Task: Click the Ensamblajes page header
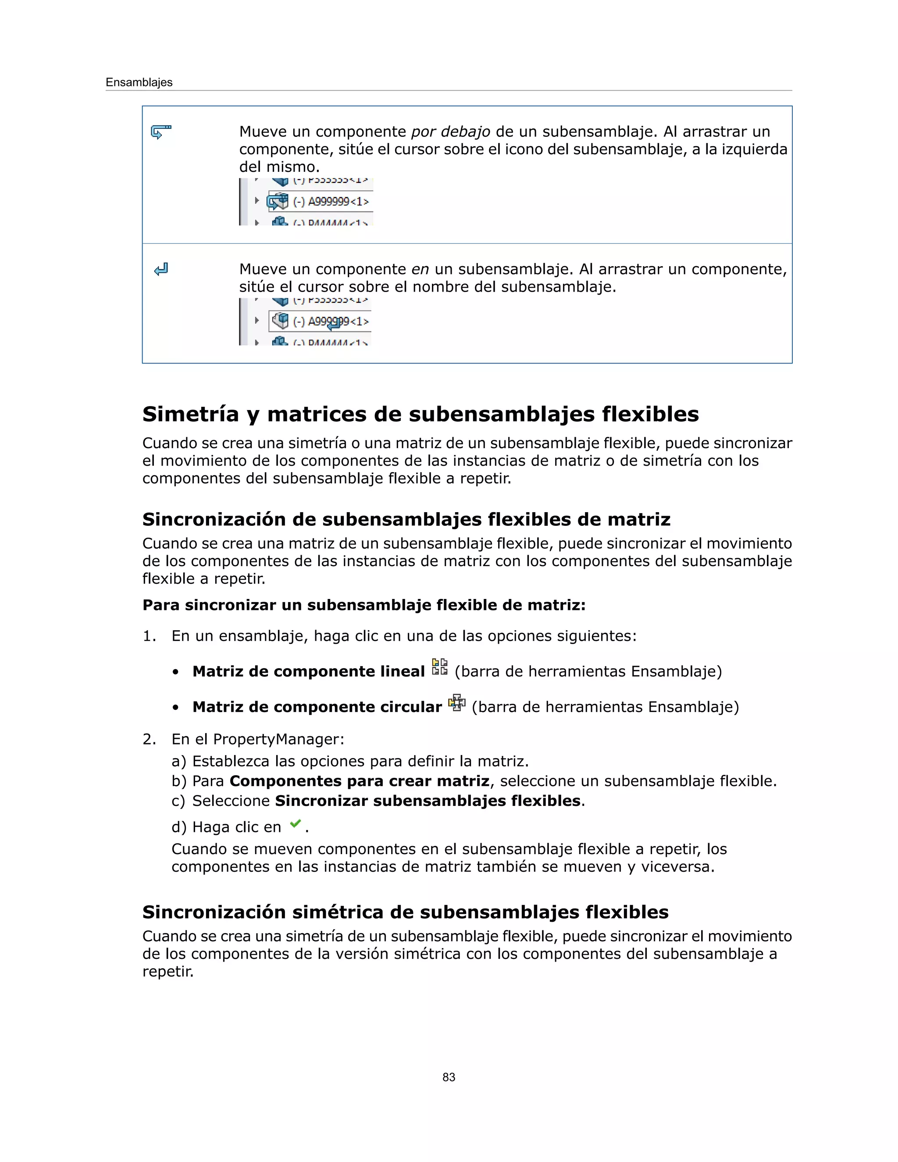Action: point(139,82)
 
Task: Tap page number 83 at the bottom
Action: point(449,1077)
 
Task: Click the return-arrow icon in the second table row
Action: point(160,269)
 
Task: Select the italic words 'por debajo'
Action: point(451,132)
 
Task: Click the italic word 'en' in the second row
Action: point(420,269)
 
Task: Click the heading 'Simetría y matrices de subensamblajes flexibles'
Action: point(420,414)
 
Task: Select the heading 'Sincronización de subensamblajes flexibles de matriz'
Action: point(406,519)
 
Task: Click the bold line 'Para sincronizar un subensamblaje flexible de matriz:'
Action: point(363,605)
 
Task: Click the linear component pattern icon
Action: point(439,667)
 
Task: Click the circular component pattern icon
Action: point(456,703)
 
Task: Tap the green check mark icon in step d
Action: point(295,824)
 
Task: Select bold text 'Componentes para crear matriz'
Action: point(359,781)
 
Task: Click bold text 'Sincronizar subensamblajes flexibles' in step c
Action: point(427,801)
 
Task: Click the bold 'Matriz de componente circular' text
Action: point(317,707)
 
